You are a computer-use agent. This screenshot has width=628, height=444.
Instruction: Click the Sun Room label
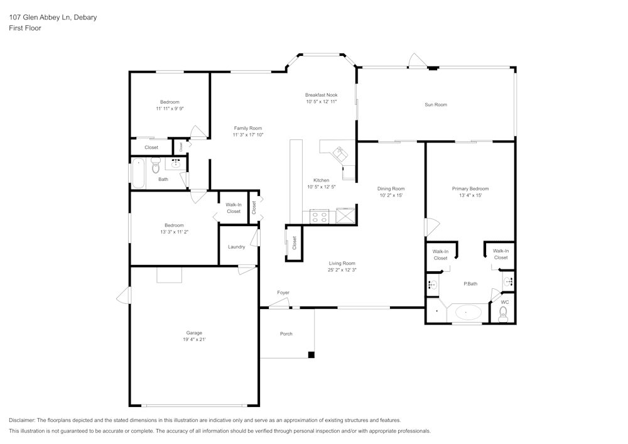tap(436, 104)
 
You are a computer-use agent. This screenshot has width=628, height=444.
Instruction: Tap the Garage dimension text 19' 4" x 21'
tap(194, 340)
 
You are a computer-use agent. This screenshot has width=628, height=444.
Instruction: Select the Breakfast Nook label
tap(321, 95)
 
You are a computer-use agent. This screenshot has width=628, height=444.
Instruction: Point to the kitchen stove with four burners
tap(319, 217)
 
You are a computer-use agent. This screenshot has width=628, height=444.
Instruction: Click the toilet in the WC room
tap(503, 315)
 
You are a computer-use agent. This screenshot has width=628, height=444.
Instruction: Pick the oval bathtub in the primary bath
tap(467, 312)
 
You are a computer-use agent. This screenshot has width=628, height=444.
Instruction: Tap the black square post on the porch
tap(311, 355)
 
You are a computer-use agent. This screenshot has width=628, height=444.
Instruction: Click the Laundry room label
tap(236, 247)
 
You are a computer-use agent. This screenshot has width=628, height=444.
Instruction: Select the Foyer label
tap(283, 293)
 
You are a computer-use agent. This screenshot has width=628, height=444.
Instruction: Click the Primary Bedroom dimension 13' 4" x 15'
tap(470, 195)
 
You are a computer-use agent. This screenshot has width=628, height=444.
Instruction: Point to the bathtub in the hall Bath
tap(138, 173)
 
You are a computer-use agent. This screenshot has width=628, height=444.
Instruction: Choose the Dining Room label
tap(391, 188)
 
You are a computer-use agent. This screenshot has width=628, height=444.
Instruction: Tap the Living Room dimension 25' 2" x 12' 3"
tap(342, 270)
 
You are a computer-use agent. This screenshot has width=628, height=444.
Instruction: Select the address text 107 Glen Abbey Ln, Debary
tap(53, 17)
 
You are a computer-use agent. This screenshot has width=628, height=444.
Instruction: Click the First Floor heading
tap(25, 28)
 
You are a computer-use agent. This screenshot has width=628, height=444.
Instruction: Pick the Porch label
tap(286, 333)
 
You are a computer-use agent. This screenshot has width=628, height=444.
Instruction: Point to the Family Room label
tap(248, 128)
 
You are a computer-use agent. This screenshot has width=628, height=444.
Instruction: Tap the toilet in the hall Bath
tap(156, 165)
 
